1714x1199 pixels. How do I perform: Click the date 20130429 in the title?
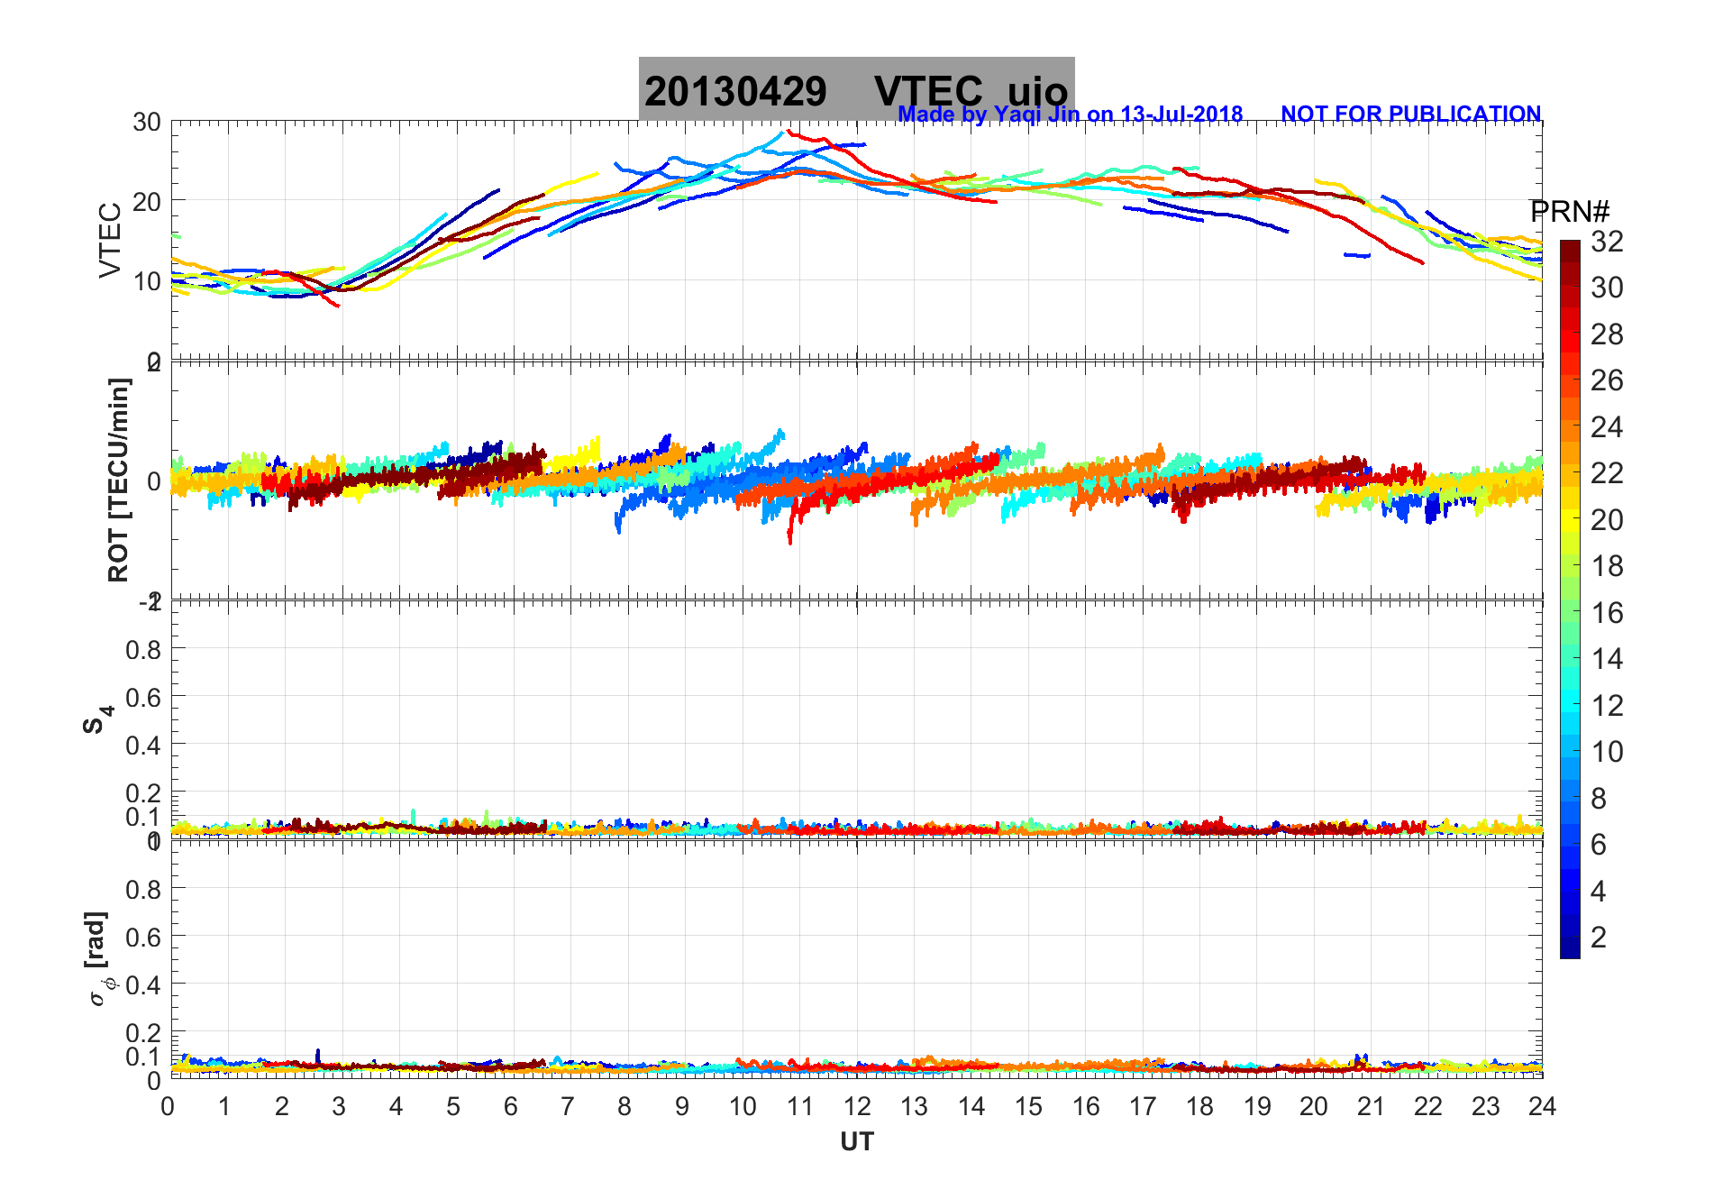pos(735,91)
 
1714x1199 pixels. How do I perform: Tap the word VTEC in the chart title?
pos(928,91)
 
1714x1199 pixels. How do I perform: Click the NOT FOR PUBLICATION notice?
pos(1410,114)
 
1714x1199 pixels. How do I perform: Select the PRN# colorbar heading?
pos(1570,212)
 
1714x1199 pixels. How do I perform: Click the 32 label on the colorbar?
pos(1607,242)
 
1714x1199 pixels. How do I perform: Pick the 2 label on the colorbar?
pos(1599,938)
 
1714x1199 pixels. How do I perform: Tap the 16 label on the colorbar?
pos(1607,613)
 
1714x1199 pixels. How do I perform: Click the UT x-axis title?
pos(857,1142)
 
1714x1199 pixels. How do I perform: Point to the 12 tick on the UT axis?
pos(857,1106)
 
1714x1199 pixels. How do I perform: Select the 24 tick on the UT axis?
pos(1542,1106)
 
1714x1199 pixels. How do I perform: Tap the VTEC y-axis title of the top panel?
pos(110,240)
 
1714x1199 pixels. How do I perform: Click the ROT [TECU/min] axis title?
pos(118,480)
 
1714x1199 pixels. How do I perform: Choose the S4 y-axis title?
pos(97,718)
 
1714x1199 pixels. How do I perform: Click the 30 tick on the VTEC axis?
pos(147,123)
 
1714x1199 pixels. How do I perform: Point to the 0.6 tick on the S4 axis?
pos(144,697)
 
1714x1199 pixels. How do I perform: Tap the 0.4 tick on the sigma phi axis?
pos(144,984)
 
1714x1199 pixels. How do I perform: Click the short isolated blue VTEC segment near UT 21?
pos(1356,255)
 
